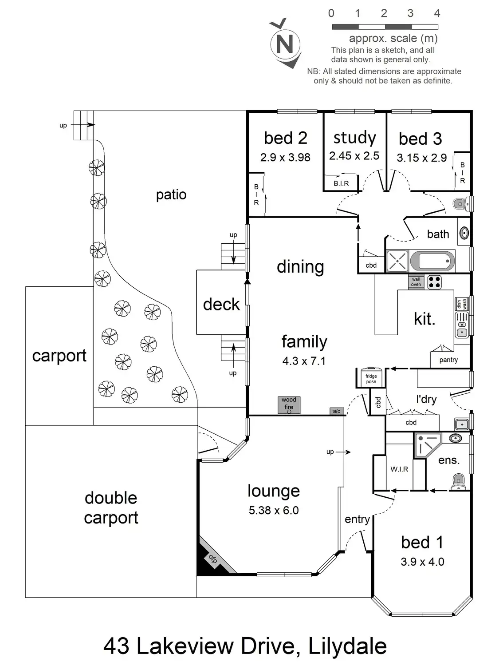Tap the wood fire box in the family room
(289, 405)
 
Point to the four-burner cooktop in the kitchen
(434, 282)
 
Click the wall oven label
(416, 282)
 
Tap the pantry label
(448, 360)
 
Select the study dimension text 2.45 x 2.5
(354, 156)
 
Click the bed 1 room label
(422, 542)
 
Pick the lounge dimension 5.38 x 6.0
(274, 511)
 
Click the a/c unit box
(337, 411)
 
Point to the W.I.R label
(399, 469)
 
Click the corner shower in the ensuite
(427, 444)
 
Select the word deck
(221, 304)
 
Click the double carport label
(111, 507)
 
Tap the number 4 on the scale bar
(437, 14)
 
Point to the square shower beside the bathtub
(397, 261)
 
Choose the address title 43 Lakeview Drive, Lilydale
(245, 646)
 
